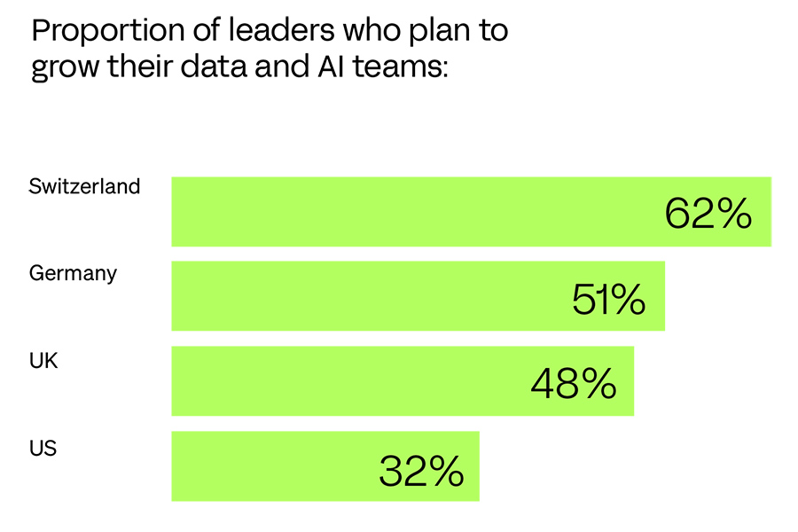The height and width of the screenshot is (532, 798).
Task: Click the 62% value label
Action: click(x=708, y=214)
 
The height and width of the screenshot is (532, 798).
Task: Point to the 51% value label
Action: click(x=607, y=300)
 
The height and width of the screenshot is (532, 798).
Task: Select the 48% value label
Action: click(x=573, y=384)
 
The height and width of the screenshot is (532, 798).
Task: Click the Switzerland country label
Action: click(x=84, y=187)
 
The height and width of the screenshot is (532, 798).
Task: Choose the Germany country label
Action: click(x=73, y=273)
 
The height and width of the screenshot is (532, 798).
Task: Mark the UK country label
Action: click(x=43, y=359)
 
